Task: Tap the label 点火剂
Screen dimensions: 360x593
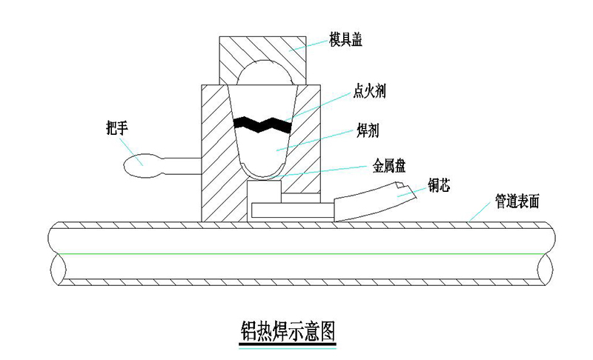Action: [368, 92]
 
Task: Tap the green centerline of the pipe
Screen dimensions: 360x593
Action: [296, 253]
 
